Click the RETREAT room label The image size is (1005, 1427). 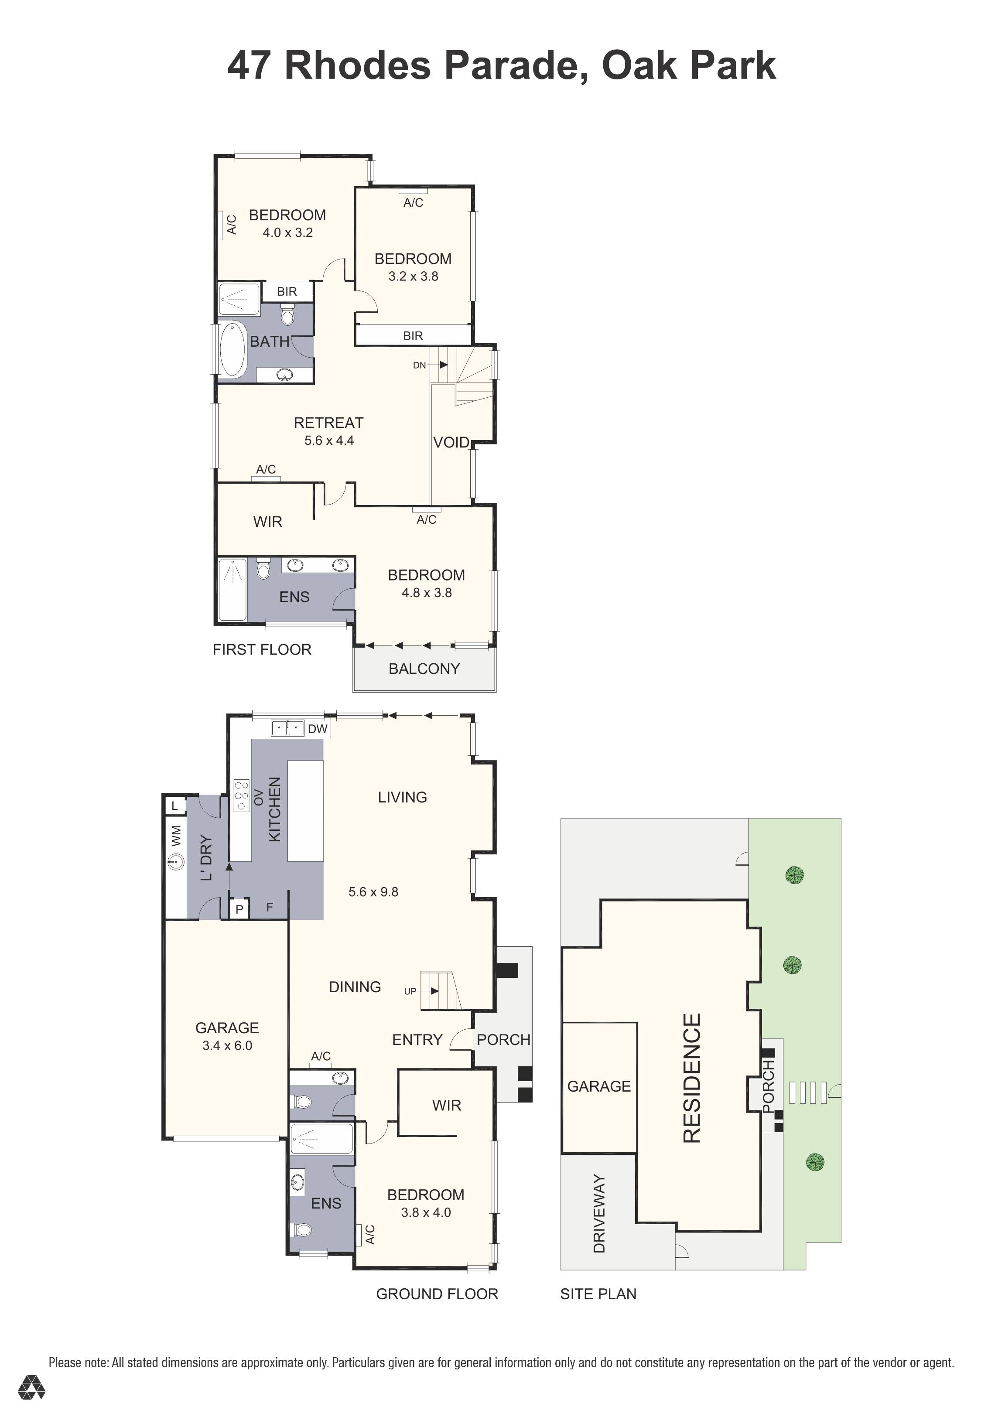pyautogui.click(x=328, y=423)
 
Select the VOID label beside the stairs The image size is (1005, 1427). pyautogui.click(x=451, y=443)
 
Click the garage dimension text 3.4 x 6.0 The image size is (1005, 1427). pyautogui.click(x=227, y=1045)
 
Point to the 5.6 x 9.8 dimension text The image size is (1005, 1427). pyautogui.click(x=373, y=892)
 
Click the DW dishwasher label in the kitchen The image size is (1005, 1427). pyautogui.click(x=318, y=729)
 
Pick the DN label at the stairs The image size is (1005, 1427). pyautogui.click(x=420, y=365)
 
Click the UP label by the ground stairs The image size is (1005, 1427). pyautogui.click(x=410, y=991)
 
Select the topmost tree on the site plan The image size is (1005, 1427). pyautogui.click(x=794, y=876)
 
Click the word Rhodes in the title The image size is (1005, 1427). pyautogui.click(x=357, y=65)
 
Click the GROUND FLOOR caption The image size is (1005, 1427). pyautogui.click(x=437, y=1294)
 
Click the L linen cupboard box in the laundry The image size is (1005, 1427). pyautogui.click(x=174, y=806)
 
